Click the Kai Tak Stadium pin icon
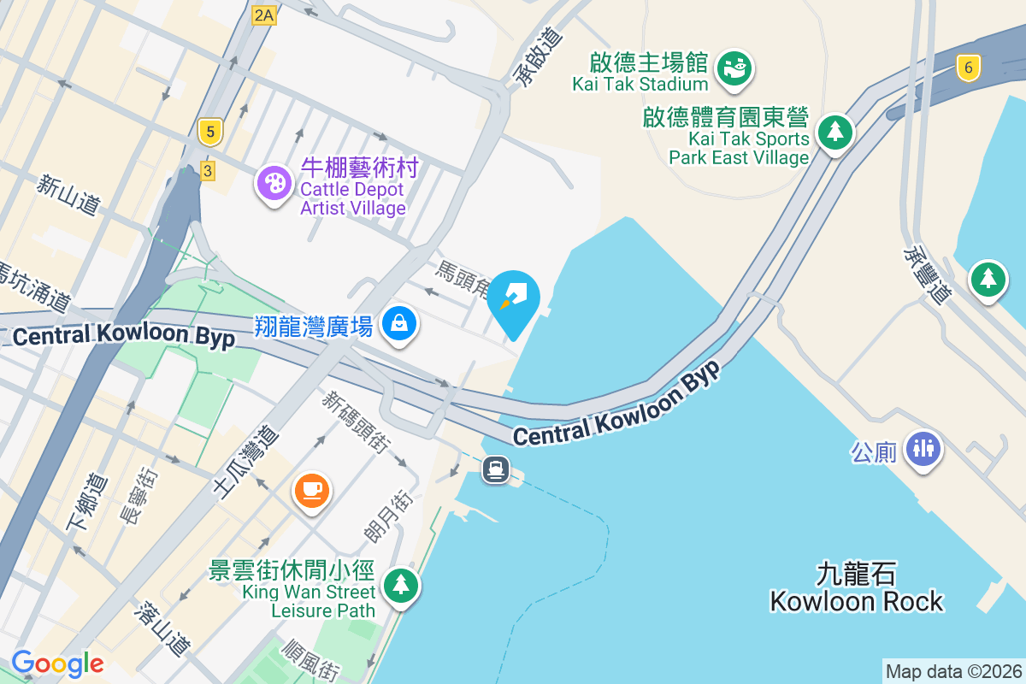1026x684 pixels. (734, 67)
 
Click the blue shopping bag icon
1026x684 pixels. (399, 323)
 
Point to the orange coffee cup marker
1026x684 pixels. (312, 490)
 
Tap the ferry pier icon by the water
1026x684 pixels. (496, 469)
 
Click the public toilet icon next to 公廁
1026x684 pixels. (923, 446)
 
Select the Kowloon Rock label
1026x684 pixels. (856, 601)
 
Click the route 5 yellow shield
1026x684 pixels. (209, 132)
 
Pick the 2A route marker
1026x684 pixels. (264, 15)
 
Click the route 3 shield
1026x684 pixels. (207, 171)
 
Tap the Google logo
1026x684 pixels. (58, 663)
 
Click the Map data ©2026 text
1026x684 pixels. (952, 671)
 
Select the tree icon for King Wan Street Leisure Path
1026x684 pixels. (399, 586)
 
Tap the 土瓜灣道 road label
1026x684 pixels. (245, 463)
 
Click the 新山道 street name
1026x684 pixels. (69, 194)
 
